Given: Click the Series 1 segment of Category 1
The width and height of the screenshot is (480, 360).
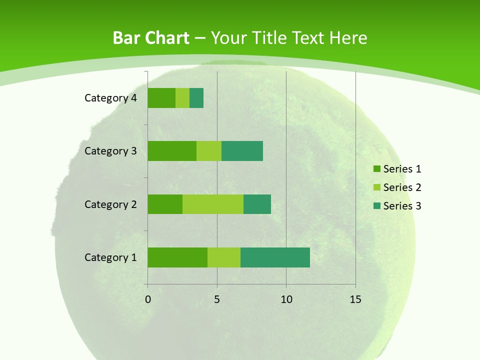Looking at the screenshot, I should coord(177,257).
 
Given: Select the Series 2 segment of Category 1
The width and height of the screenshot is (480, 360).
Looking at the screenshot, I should coord(224,257).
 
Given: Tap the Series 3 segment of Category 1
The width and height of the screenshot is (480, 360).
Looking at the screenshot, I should coord(275,257).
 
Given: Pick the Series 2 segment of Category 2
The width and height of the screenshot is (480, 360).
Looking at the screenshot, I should coord(213,204).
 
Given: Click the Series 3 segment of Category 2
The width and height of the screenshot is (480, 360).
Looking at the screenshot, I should coord(257,204).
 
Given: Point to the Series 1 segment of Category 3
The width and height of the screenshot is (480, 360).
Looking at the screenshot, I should coord(172,151).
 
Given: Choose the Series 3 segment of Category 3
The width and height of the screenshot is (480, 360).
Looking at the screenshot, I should coord(242,151).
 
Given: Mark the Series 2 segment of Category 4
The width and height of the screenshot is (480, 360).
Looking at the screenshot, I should coord(182,98).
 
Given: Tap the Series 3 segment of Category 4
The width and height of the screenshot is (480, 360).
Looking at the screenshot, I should coord(196,98).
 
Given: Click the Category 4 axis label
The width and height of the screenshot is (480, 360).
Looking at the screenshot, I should coord(110,98).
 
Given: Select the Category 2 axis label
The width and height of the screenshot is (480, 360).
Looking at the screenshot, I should coord(110,204).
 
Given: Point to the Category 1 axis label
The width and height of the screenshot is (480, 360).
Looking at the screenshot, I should coord(110,257).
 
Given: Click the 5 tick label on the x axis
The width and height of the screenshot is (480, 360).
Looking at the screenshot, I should coord(217,299).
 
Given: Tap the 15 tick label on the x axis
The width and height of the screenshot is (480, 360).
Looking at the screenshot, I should coord(355,299).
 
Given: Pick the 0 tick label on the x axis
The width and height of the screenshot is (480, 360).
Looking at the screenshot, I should coord(148,299).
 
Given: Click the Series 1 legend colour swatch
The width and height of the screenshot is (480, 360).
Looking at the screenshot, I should coord(376,169).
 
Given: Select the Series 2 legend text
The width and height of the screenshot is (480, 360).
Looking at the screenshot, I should coord(402,187).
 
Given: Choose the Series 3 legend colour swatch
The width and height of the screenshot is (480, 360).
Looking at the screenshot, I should coord(376,206).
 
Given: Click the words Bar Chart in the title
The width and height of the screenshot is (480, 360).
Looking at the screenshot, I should coord(151,38).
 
